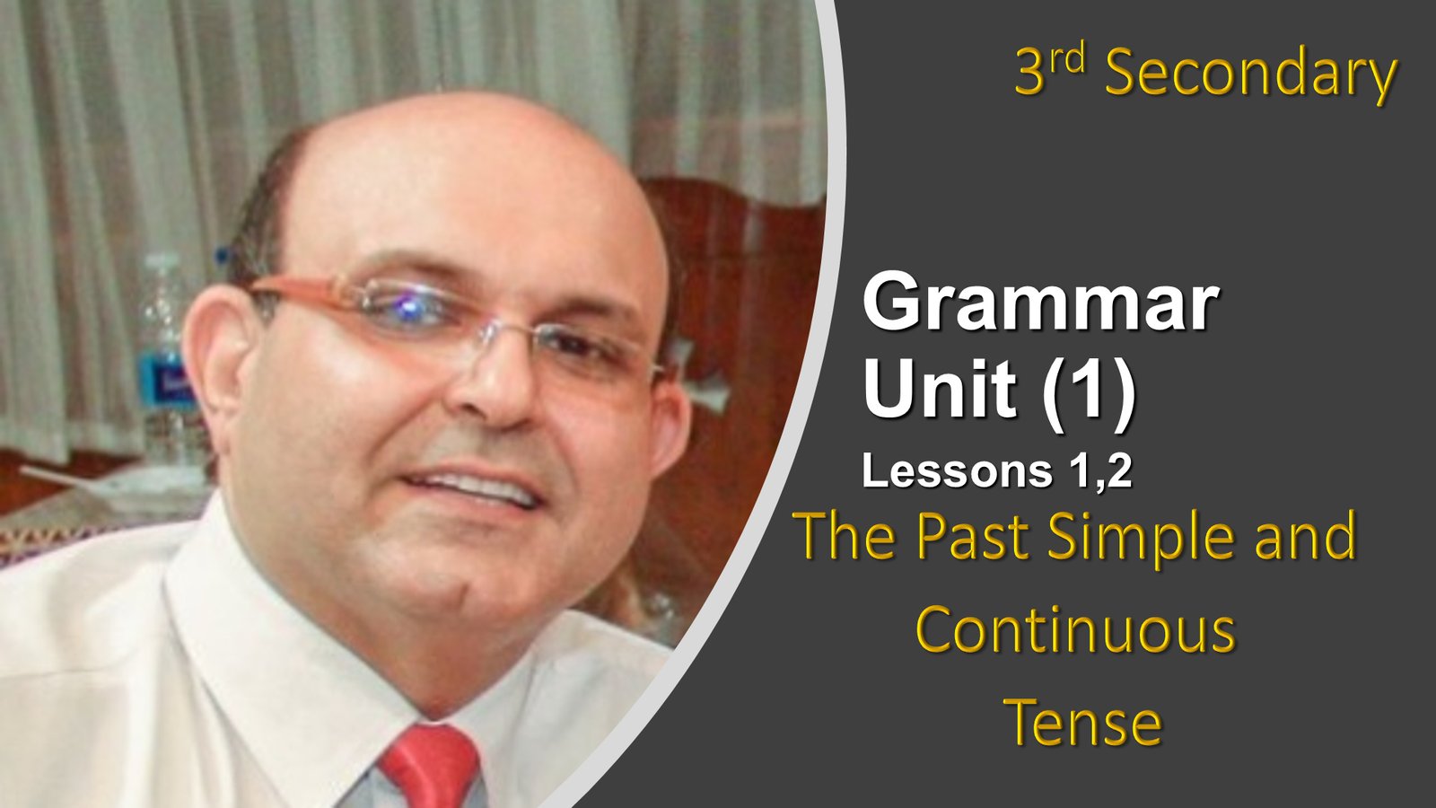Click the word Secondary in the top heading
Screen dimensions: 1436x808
tap(1250, 75)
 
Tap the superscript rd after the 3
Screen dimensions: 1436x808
tap(1067, 59)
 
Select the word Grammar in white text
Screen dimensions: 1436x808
tap(1040, 302)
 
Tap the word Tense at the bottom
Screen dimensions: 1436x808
tap(1082, 722)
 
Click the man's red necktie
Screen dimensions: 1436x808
tap(431, 767)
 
